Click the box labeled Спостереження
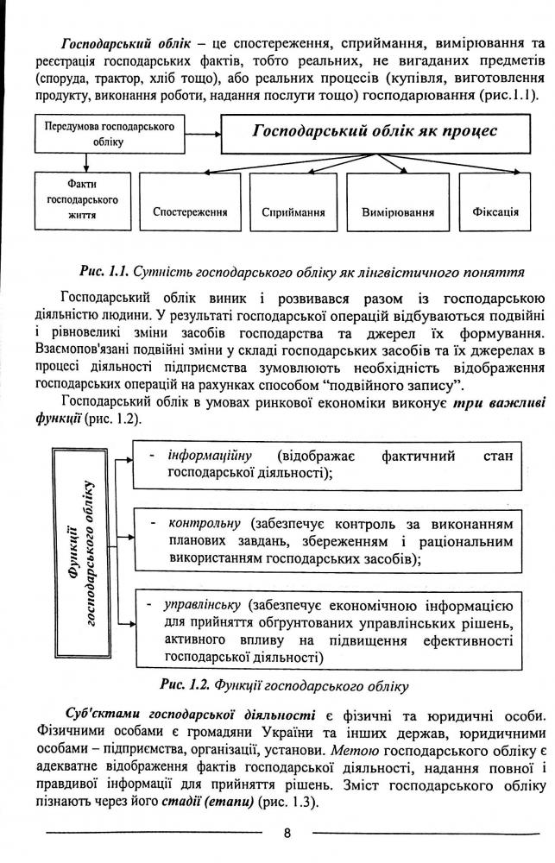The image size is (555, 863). [x=190, y=211]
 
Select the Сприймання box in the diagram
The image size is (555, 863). [x=293, y=211]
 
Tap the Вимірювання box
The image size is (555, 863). [x=398, y=211]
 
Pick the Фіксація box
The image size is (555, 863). [x=495, y=211]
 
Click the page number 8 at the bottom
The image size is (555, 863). [x=287, y=833]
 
